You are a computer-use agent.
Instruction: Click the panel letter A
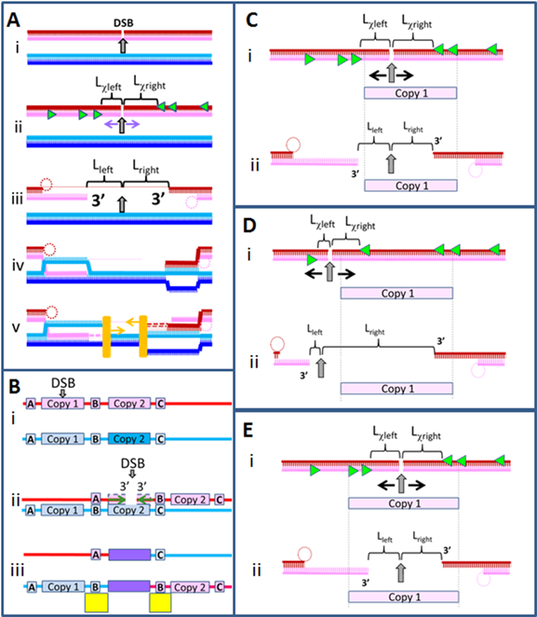coord(13,21)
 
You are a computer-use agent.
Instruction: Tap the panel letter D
coord(249,226)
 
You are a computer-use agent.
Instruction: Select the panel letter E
coord(248,430)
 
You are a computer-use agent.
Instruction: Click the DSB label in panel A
coord(124,23)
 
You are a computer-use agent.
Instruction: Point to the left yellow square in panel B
coord(96,603)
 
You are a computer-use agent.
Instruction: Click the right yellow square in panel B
coord(160,603)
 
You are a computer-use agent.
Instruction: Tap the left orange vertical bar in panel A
coord(106,336)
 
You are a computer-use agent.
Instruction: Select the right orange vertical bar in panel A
coord(143,336)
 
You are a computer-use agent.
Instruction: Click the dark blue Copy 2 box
coord(129,439)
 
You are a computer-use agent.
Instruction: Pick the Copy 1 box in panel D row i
coord(396,294)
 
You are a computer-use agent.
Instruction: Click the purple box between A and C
coord(129,555)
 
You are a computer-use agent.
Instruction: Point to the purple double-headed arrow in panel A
coord(122,124)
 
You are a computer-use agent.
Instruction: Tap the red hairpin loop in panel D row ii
coord(277,344)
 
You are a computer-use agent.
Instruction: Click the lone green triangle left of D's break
coord(312,260)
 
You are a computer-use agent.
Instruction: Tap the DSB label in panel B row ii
coord(133,463)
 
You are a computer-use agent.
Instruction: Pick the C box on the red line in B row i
coord(160,404)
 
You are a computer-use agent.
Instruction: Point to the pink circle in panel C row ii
coord(476,171)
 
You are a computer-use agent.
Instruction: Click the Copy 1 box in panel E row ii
coord(403,596)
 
